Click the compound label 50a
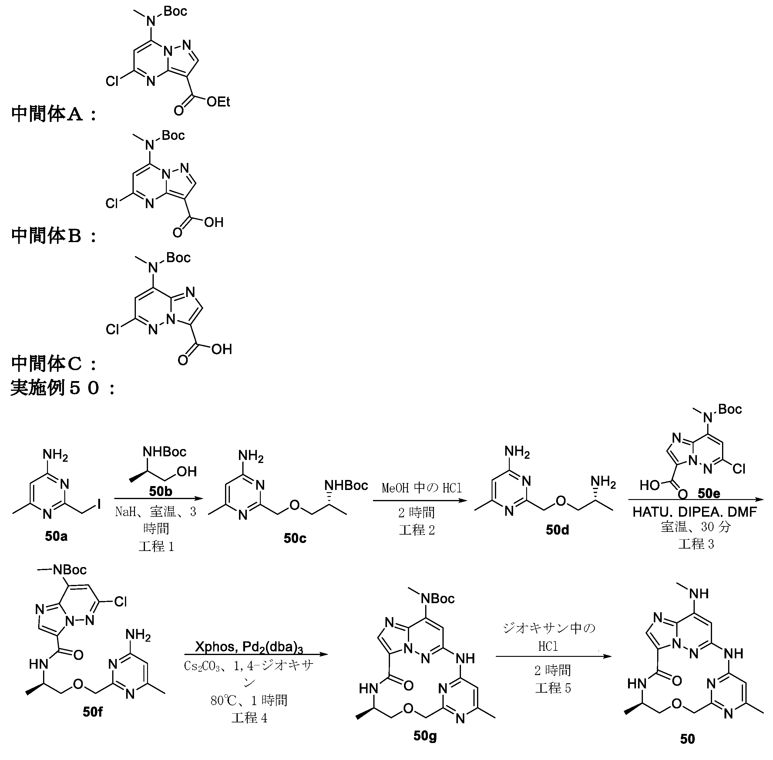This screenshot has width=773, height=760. pyautogui.click(x=56, y=536)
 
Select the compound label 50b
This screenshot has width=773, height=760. pyautogui.click(x=160, y=491)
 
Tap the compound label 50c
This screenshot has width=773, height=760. pyautogui.click(x=295, y=538)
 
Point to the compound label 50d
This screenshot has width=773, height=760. pyautogui.click(x=557, y=530)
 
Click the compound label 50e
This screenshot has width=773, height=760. pyautogui.click(x=709, y=494)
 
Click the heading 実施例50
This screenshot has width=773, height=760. pyautogui.click(x=62, y=387)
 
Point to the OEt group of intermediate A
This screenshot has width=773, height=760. pyautogui.click(x=218, y=102)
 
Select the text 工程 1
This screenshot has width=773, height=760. pyautogui.click(x=156, y=546)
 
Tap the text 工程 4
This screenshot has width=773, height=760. pyautogui.click(x=249, y=718)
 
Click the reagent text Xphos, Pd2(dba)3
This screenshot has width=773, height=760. pyautogui.click(x=249, y=647)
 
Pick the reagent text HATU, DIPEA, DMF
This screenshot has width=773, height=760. pyautogui.click(x=694, y=512)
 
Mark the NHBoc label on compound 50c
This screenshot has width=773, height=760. pyautogui.click(x=346, y=485)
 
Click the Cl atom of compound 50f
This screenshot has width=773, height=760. pyautogui.click(x=120, y=602)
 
